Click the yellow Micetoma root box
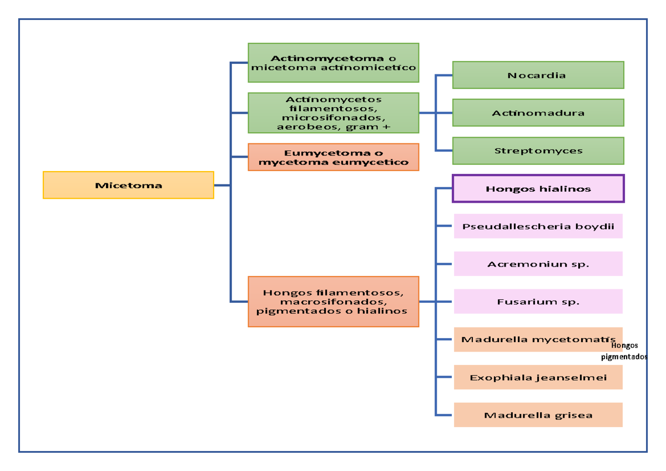tap(128, 185)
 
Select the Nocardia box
tap(538, 75)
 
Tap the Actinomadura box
tap(538, 113)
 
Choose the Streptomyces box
tap(538, 151)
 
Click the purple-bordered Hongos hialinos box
tap(538, 189)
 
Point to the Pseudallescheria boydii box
tap(538, 227)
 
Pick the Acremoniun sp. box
tap(538, 264)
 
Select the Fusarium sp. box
tap(538, 302)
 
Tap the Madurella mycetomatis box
tap(533, 339)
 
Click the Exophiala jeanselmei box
tap(538, 378)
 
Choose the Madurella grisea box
tap(538, 415)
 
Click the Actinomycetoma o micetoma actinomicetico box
tap(333, 63)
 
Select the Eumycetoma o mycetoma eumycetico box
tap(333, 157)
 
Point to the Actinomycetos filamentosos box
tap(333, 113)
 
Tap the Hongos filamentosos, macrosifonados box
tap(333, 302)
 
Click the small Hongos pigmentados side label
tap(628, 352)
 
